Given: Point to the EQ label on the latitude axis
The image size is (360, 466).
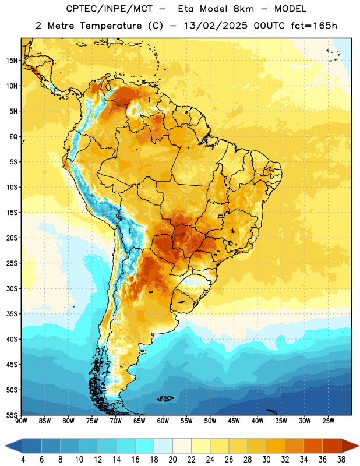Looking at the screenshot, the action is (14, 137).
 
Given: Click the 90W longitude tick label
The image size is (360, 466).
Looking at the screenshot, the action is (21, 421).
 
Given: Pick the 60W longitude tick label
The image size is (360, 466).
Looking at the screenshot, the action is (163, 421).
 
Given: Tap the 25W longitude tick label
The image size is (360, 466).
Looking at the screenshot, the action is (328, 421).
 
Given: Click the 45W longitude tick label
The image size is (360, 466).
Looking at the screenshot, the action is (234, 421).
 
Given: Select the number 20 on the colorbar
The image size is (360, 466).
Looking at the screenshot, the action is (172, 460).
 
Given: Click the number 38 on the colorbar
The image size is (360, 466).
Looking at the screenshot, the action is (341, 460).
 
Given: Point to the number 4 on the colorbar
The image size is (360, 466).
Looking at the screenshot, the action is (23, 460).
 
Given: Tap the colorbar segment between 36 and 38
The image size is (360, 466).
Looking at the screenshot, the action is (332, 446).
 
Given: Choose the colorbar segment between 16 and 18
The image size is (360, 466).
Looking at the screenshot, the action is (145, 446).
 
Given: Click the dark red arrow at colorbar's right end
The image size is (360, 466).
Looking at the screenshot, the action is (350, 446).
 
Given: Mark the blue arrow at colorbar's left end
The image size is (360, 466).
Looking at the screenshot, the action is (14, 446).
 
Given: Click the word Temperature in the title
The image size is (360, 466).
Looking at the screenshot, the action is (111, 26).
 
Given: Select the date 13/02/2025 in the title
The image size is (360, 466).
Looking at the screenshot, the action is (215, 26).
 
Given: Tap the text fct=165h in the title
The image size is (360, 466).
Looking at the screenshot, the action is (314, 26).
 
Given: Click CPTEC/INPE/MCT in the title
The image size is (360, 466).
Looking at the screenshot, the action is (110, 9).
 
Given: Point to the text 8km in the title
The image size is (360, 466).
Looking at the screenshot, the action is (243, 9).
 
